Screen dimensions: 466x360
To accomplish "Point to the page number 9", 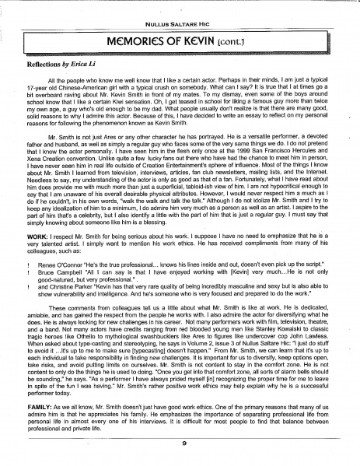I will coord(180,443).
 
